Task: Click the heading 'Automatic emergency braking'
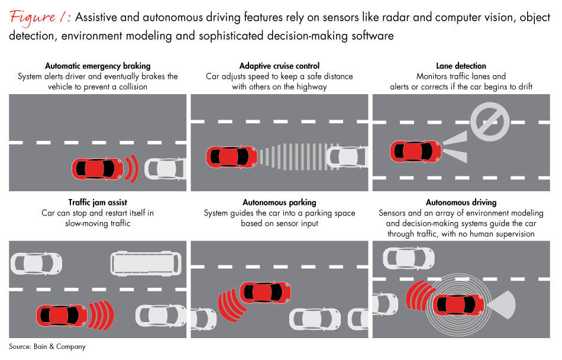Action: point(98,66)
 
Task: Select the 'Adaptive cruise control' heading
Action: point(279,66)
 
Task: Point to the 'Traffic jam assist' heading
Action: point(98,202)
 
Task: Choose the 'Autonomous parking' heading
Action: point(279,202)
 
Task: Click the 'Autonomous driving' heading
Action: point(461,202)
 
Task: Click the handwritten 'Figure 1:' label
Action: point(40,18)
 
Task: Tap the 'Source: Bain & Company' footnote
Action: point(47,346)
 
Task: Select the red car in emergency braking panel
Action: point(97,169)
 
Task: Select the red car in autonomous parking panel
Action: point(266,291)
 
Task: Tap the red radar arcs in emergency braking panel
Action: point(132,169)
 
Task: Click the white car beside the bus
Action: point(36,262)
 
